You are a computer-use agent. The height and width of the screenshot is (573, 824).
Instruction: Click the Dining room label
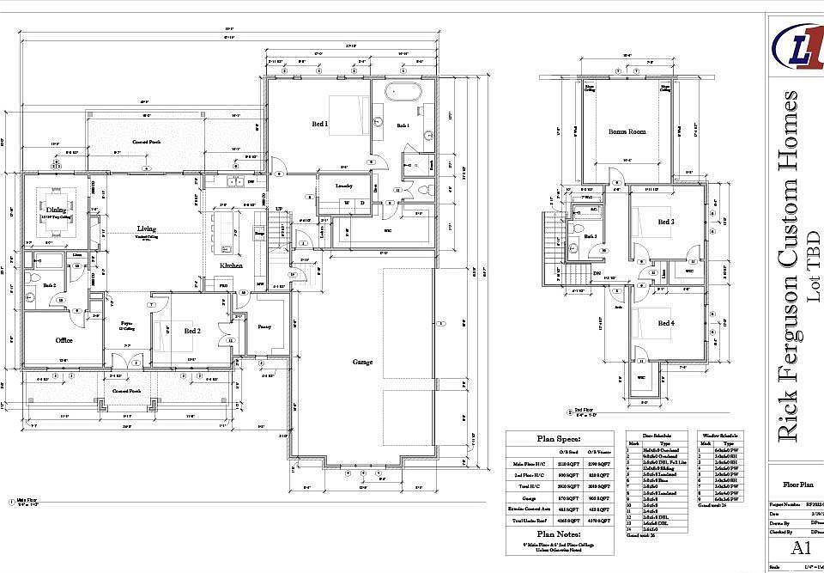(x=56, y=210)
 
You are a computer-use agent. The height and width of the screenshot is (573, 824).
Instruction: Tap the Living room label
(x=147, y=229)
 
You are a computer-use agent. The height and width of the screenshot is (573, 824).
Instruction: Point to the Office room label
(x=64, y=340)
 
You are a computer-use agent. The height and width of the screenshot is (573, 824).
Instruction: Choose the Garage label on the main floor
(x=363, y=363)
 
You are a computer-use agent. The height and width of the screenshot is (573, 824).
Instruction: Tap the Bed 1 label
(x=320, y=125)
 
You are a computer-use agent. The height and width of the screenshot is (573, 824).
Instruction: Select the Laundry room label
(x=344, y=185)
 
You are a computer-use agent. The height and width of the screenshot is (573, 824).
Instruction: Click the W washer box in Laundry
(x=348, y=203)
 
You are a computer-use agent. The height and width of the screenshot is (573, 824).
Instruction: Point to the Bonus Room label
(x=627, y=131)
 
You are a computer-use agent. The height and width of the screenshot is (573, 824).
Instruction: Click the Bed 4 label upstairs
(x=666, y=323)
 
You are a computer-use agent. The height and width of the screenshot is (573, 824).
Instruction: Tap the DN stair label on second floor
(x=597, y=273)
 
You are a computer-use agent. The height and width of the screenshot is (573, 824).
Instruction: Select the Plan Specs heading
(x=559, y=438)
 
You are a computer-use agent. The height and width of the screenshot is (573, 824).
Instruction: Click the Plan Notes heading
(x=559, y=534)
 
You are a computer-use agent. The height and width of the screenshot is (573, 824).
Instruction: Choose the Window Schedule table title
(x=721, y=436)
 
